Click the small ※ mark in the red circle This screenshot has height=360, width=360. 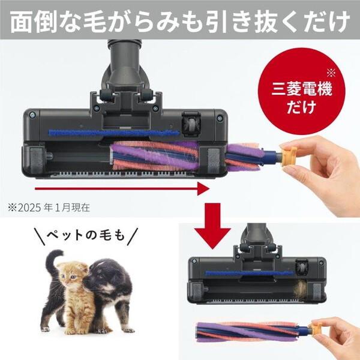331,74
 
